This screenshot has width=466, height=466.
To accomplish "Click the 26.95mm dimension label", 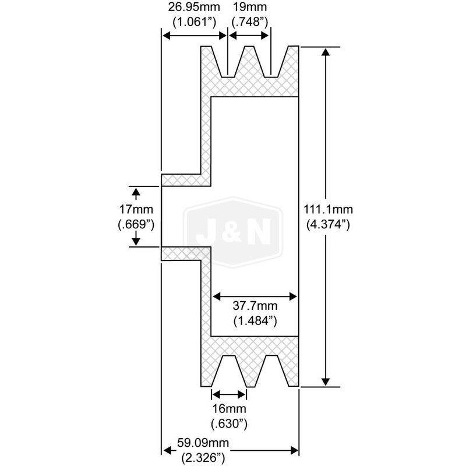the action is [194, 7].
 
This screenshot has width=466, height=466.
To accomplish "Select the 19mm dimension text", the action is [250, 7].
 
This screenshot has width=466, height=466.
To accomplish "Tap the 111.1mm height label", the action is [328, 210].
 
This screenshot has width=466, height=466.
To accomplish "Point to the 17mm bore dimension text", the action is [136, 210].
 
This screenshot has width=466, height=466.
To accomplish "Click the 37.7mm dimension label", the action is [255, 305].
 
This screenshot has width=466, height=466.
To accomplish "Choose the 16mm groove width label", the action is [229, 409].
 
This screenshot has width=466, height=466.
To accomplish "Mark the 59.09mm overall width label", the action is [203, 443].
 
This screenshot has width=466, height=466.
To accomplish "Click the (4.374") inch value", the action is [328, 224].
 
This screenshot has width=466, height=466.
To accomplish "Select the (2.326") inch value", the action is [203, 458].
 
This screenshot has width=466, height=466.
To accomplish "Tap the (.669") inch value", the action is [136, 225].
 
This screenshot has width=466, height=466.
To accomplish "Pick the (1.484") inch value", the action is [255, 321].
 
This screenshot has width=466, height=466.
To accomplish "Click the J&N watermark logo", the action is [234, 232].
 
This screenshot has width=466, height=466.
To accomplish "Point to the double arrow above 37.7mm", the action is [255, 296].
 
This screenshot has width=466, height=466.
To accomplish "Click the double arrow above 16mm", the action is [229, 395].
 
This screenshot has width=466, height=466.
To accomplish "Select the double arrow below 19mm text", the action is [249, 36].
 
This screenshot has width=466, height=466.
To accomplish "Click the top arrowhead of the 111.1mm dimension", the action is [326, 52].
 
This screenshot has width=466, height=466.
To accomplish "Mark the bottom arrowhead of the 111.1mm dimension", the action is [326, 382].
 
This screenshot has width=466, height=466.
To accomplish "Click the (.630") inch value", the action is [229, 424].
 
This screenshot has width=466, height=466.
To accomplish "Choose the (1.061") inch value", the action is [194, 22].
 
